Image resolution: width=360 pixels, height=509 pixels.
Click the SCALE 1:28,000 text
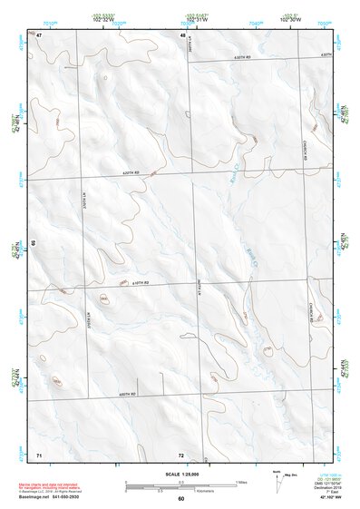point(181,474)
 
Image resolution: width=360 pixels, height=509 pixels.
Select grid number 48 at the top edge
point(182,34)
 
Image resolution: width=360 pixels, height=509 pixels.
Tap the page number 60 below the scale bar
point(181,499)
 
